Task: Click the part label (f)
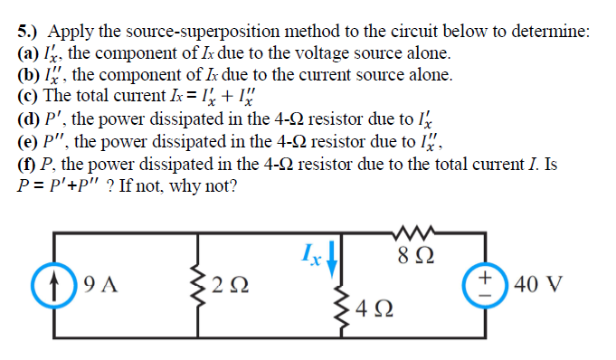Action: point(28,164)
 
